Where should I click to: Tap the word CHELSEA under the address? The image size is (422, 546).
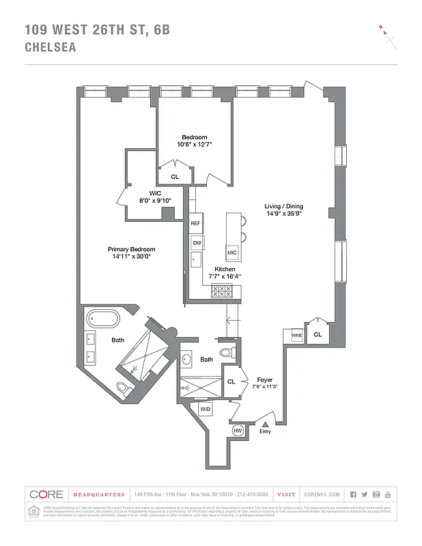[51, 48]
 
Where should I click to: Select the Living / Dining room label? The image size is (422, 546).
[284, 206]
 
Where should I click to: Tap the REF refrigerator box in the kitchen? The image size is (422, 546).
[195, 224]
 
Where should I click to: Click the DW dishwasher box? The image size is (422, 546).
[197, 242]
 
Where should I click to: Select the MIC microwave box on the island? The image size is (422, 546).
[232, 253]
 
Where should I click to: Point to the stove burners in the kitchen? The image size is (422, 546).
[222, 291]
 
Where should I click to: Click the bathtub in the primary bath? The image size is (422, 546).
[102, 319]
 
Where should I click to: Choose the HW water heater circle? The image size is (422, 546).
[238, 431]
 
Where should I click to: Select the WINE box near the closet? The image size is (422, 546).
[296, 336]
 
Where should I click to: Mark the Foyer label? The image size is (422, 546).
[265, 379]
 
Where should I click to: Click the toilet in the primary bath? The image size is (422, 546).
[122, 390]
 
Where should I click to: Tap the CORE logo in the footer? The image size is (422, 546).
[47, 494]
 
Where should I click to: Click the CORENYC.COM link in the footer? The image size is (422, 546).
[320, 494]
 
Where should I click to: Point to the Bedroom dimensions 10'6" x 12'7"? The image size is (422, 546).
[195, 144]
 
